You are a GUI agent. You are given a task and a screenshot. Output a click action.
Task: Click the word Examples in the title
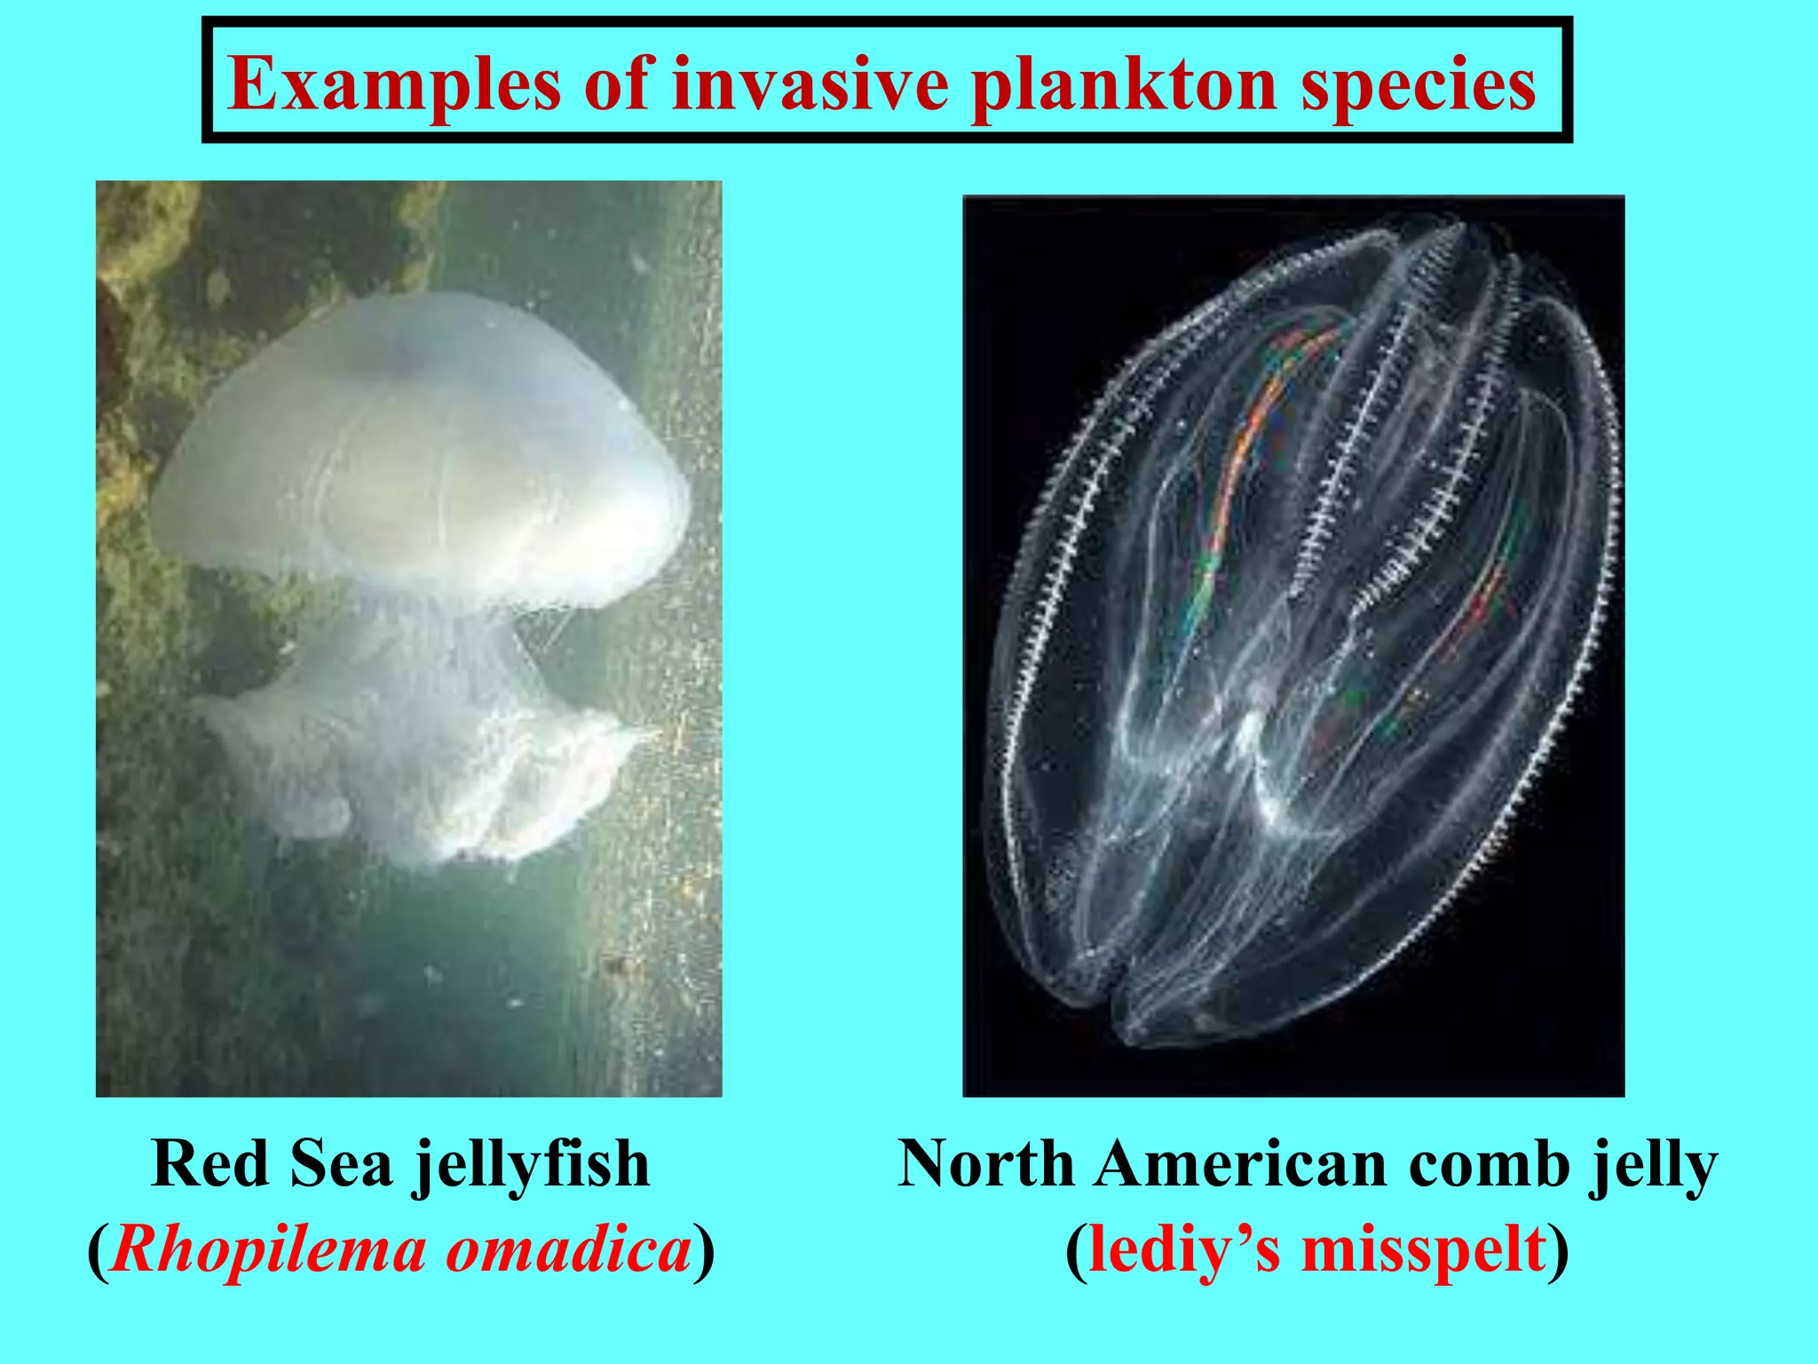point(394,85)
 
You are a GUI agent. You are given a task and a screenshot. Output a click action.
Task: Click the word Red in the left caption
point(210,1163)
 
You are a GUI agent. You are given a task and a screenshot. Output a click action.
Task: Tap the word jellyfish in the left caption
point(532,1165)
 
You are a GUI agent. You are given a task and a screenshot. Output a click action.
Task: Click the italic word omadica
point(568,1250)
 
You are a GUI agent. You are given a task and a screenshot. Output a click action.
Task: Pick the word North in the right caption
point(985,1163)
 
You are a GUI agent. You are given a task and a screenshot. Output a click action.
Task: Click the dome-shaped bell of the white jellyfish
point(417,444)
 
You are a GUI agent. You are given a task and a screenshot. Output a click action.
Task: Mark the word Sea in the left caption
point(341,1163)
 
